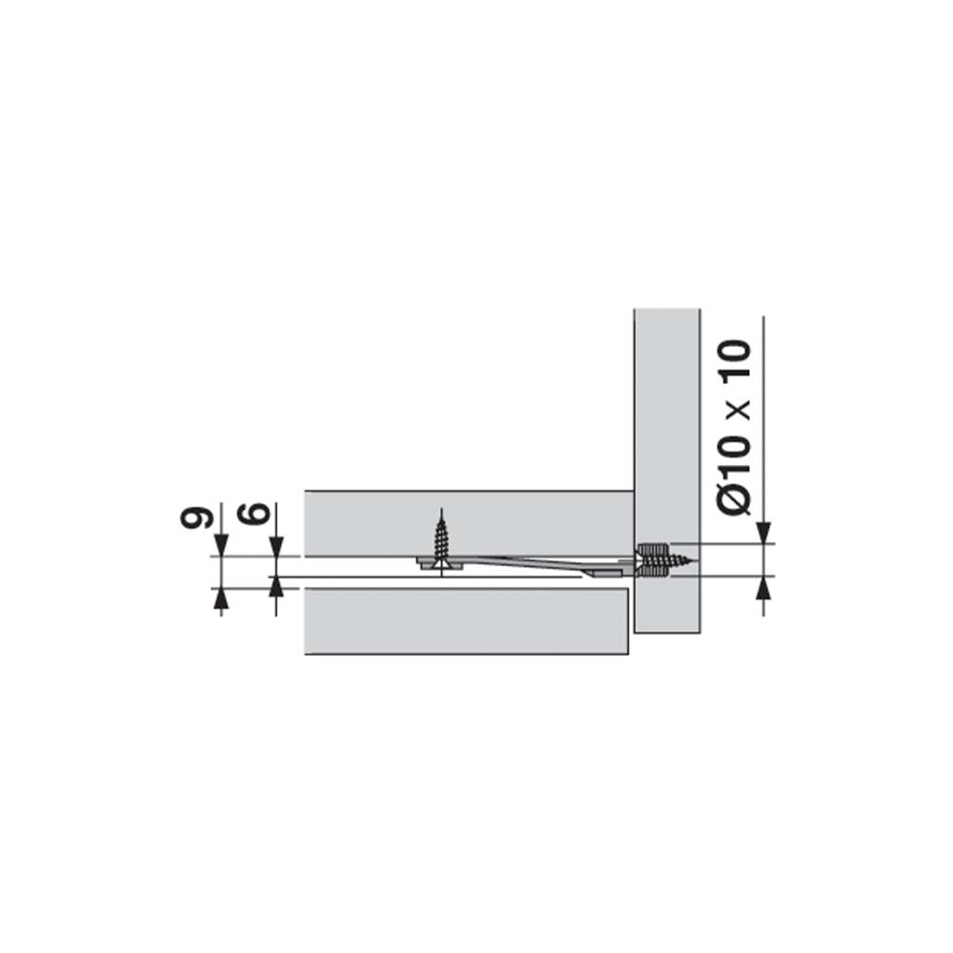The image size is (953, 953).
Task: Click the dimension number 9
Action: [x=195, y=517]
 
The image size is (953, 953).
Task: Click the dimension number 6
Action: [x=257, y=513]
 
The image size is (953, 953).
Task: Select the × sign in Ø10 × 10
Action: [x=737, y=411]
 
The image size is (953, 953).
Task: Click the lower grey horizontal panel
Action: [x=466, y=621]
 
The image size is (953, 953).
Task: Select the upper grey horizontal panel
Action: [x=469, y=523]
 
